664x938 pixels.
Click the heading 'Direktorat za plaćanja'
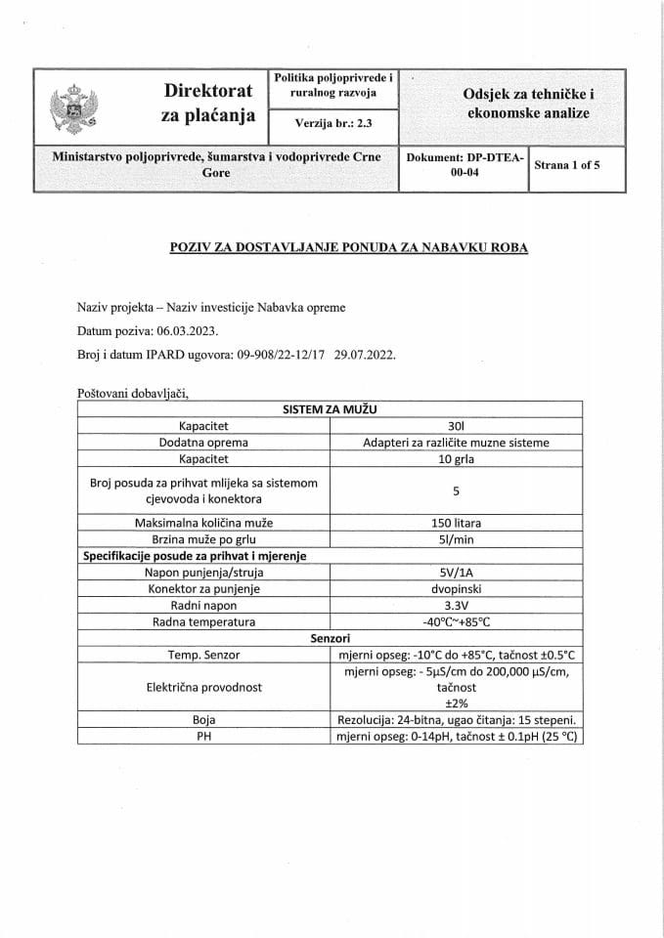[207, 104]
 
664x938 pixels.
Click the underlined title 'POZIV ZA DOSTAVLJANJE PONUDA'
[349, 247]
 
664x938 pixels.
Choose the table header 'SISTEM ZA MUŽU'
[330, 409]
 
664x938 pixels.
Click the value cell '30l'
[456, 426]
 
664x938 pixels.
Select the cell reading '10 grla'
[456, 458]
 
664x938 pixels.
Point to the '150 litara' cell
[456, 523]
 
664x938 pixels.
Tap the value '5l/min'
[456, 539]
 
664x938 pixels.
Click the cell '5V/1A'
[456, 573]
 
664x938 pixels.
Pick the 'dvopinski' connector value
[456, 589]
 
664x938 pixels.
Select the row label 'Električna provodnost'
[203, 687]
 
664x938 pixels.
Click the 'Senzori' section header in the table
[330, 637]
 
